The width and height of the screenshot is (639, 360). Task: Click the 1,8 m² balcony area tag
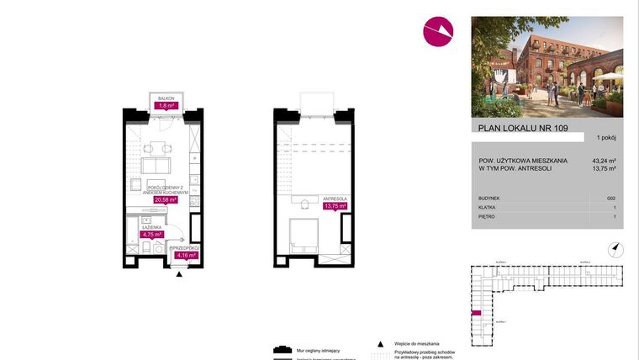(x=166, y=106)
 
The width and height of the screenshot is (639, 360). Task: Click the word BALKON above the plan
(x=166, y=98)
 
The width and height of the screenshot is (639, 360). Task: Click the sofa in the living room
(x=156, y=166)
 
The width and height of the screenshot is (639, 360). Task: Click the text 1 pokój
(x=605, y=137)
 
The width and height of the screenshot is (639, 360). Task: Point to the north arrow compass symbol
(x=615, y=247)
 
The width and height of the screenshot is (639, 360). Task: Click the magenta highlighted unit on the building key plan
(x=476, y=312)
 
